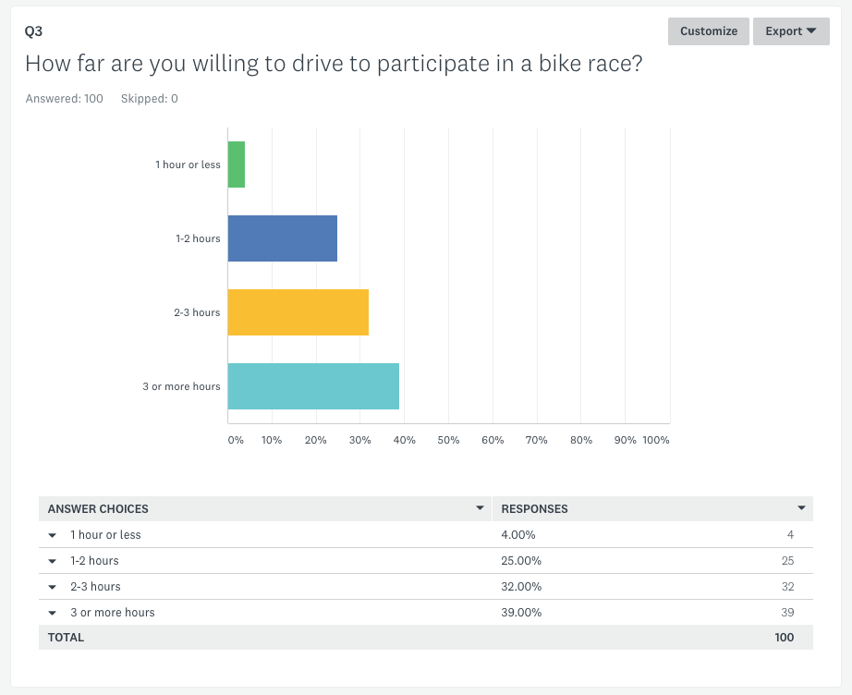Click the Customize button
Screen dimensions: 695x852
pos(709,31)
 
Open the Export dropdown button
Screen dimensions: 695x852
pos(791,31)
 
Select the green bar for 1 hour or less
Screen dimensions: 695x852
pos(237,165)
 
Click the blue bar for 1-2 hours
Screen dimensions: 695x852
pos(283,238)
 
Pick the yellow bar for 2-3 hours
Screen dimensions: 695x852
pos(298,312)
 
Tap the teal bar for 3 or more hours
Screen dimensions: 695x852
pos(313,386)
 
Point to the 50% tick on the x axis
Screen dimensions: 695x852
pos(448,440)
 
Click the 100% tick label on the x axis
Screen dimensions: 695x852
pos(656,440)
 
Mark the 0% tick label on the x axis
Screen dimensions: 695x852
pos(236,440)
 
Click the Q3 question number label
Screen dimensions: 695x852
pos(34,31)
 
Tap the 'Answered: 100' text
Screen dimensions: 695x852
pos(65,99)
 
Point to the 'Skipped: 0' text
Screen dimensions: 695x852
pos(150,99)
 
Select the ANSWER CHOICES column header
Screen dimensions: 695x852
pos(98,509)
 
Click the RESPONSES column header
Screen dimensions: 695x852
pos(534,509)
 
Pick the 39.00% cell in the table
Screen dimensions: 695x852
pos(521,613)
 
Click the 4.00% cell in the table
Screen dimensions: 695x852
pos(518,535)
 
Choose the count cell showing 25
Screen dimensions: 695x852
pos(786,561)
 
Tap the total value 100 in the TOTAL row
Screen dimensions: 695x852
pos(784,638)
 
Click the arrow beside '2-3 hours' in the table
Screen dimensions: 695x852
pos(53,587)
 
